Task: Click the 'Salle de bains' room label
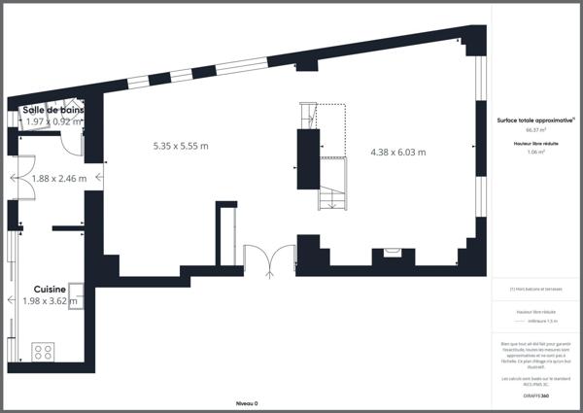[x=53, y=111]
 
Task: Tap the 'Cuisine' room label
[x=50, y=290]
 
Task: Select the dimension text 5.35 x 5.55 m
[x=181, y=146]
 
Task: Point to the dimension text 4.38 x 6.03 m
[x=398, y=152]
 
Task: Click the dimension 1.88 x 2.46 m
[x=58, y=178]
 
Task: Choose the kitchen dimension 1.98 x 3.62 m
[x=50, y=301]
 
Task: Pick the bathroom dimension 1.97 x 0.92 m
[x=53, y=122]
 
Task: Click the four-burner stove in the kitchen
[x=43, y=350]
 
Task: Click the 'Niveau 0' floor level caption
[x=247, y=402]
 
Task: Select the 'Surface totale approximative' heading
[x=535, y=120]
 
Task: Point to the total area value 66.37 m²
[x=535, y=129]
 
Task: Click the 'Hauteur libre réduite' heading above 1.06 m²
[x=535, y=143]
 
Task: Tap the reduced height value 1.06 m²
[x=535, y=152]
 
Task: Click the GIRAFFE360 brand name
[x=535, y=386]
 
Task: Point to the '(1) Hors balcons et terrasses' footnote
[x=535, y=289]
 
